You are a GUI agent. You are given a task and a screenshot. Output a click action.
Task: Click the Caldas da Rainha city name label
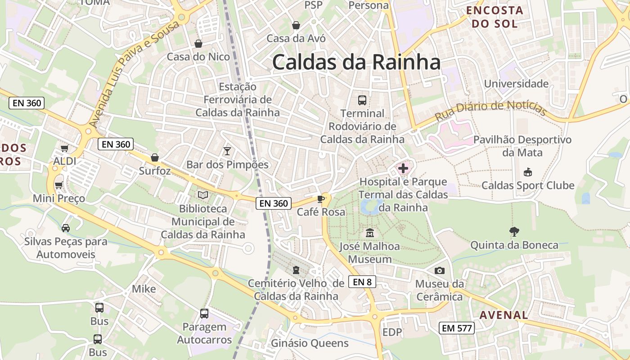pyautogui.click(x=356, y=62)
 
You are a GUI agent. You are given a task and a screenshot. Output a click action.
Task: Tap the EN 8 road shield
pyautogui.click(x=362, y=282)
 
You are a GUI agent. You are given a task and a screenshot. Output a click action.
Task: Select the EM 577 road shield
pyautogui.click(x=457, y=328)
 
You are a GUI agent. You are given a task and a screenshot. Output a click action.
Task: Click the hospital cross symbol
pyautogui.click(x=403, y=169)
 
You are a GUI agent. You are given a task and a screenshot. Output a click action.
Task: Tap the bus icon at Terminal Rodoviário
pyautogui.click(x=362, y=100)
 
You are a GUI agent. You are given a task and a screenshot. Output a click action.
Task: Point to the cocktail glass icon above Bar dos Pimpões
pyautogui.click(x=227, y=151)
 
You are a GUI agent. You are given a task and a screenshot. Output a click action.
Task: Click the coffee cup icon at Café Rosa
pyautogui.click(x=321, y=199)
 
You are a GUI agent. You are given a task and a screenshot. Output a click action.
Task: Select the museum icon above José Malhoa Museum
pyautogui.click(x=370, y=233)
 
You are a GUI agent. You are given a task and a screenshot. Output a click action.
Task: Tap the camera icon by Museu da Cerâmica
pyautogui.click(x=440, y=270)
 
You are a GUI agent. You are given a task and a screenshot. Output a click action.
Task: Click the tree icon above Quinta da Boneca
pyautogui.click(x=514, y=232)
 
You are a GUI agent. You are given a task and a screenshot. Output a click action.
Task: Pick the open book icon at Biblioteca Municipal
pyautogui.click(x=203, y=195)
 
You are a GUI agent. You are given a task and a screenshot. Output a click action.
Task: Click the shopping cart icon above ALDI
pyautogui.click(x=65, y=148)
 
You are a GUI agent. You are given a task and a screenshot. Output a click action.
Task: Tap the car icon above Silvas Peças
pyautogui.click(x=66, y=228)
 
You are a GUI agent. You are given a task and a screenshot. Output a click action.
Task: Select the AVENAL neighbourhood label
pyautogui.click(x=504, y=315)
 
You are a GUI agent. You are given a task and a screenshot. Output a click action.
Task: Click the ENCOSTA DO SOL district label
pyautogui.click(x=495, y=17)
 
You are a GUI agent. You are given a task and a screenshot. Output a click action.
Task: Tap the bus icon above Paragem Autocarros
pyautogui.click(x=204, y=313)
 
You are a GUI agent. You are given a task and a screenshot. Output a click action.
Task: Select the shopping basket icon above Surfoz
pyautogui.click(x=155, y=157)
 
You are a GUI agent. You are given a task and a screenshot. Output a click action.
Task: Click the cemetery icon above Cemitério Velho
pyautogui.click(x=296, y=270)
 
